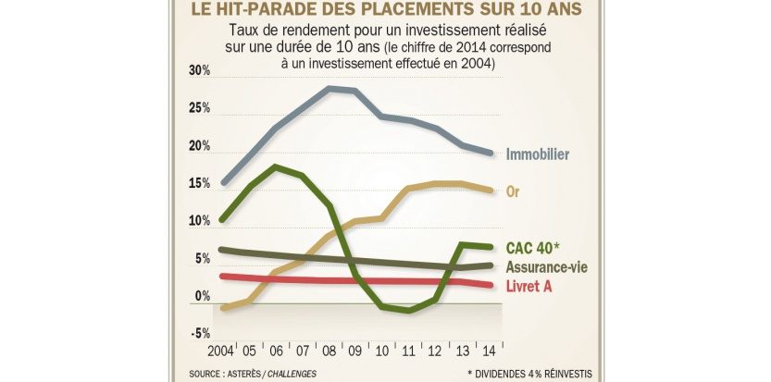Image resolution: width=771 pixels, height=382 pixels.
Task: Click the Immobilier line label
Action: [x=538, y=154]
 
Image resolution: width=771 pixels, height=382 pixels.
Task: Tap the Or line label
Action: [x=514, y=191]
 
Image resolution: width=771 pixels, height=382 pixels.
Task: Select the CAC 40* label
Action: [x=533, y=248]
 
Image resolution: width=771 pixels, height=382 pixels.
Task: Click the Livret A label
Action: [x=529, y=286]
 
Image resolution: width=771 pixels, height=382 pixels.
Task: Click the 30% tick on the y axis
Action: [x=199, y=72]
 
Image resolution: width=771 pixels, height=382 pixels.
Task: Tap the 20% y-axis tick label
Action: [x=199, y=147]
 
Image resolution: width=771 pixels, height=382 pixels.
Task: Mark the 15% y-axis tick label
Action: [x=199, y=184]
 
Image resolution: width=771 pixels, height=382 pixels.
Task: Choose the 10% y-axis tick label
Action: [x=199, y=222]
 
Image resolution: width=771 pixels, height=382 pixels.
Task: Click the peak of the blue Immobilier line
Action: [x=330, y=88]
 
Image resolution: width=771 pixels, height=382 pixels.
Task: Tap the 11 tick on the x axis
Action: [x=409, y=351]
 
